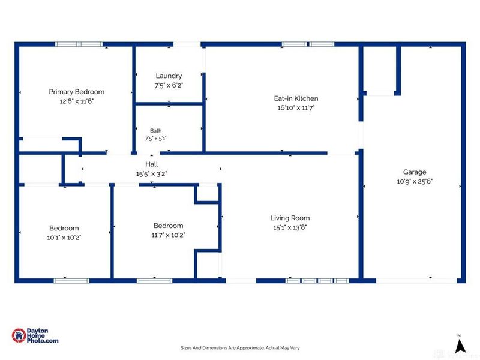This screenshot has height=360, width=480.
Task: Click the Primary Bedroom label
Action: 77,92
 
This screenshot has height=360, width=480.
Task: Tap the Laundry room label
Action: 169,76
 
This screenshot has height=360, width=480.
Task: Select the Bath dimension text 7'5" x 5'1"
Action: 155,139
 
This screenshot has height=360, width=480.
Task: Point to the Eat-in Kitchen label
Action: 296,98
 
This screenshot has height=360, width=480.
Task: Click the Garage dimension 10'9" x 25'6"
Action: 415,181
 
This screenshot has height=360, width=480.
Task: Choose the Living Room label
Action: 290,218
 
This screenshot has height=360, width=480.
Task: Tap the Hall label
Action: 152,164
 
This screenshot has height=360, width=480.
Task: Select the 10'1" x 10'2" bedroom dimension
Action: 64,238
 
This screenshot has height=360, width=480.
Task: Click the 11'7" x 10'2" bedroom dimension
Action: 169,235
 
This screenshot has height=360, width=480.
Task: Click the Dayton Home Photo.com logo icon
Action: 19,335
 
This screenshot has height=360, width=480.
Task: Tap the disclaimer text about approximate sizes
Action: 240,348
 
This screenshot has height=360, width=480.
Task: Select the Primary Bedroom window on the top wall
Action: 79,44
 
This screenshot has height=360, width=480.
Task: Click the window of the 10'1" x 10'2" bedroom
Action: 71,281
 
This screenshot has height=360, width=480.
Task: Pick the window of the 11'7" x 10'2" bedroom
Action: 155,281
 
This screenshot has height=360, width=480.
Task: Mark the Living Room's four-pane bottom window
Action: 317,281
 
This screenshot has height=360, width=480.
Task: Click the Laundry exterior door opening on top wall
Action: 187,44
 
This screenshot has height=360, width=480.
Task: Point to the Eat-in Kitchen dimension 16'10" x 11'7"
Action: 296,108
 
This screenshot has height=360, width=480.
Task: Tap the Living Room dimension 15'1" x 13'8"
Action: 290,227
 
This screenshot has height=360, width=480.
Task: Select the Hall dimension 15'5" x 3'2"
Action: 152,174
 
